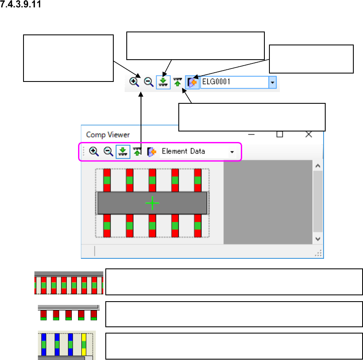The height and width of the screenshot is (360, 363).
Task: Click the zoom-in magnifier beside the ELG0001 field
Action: [x=134, y=82]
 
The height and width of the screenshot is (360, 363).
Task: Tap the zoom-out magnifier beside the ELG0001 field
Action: [x=148, y=82]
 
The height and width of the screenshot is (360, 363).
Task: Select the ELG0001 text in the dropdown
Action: [x=216, y=82]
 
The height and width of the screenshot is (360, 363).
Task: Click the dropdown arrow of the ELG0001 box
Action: [x=273, y=83]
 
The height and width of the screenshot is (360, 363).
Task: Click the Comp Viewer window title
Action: [x=108, y=135]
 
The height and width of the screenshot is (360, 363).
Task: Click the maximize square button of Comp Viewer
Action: [x=279, y=134]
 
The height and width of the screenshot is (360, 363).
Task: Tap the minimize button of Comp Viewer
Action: [x=252, y=134]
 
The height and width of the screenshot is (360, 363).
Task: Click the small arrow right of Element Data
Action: [x=232, y=152]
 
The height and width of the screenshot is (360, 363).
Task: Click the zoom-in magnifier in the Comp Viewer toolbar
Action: [x=94, y=152]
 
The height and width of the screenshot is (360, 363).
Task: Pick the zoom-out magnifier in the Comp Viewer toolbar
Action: [x=108, y=152]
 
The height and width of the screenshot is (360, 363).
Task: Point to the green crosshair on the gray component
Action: [x=152, y=203]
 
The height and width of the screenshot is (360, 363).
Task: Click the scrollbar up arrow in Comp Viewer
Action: [x=318, y=166]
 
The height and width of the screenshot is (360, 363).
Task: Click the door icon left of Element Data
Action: [x=151, y=152]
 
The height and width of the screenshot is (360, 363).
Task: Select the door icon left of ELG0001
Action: [x=193, y=82]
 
